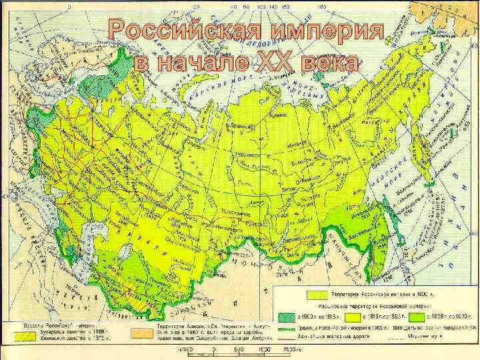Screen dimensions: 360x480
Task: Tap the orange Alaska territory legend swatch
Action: [140, 332]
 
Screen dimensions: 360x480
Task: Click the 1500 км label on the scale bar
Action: [289, 349]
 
